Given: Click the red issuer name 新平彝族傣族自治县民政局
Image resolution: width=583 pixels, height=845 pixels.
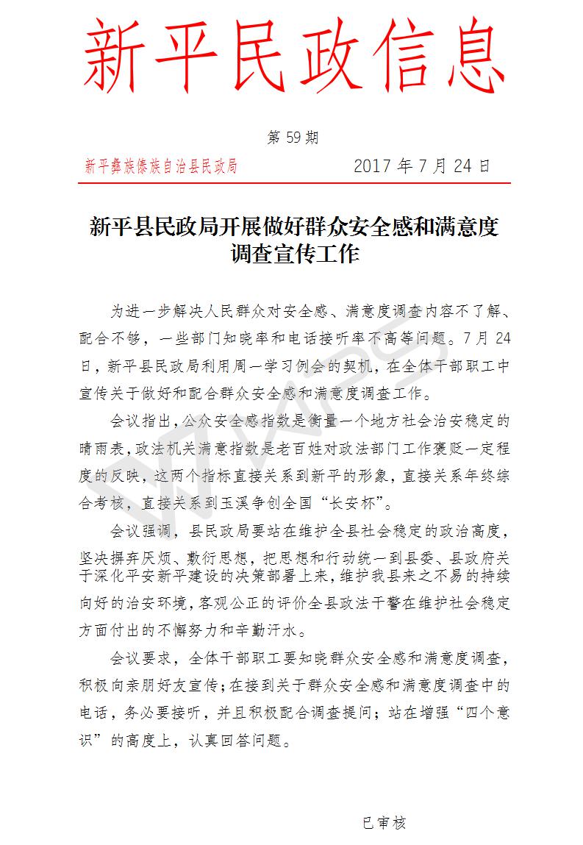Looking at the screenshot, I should (161, 166).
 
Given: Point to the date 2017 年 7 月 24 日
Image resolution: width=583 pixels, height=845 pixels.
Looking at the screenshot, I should (421, 165).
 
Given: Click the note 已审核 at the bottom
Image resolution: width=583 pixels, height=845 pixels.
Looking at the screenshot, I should (384, 823).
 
